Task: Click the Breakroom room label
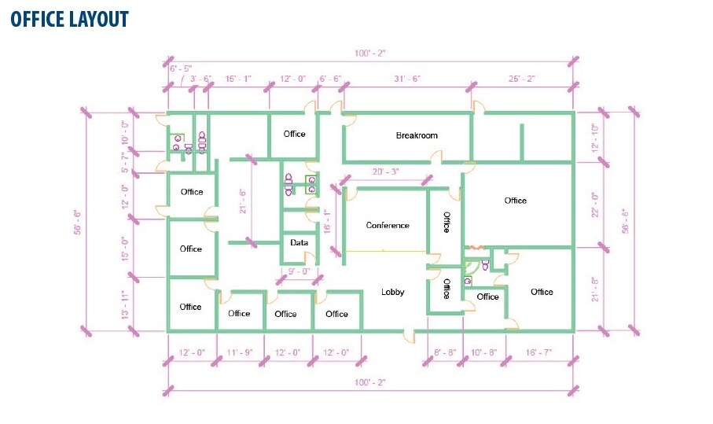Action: [417, 135]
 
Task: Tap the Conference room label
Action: [388, 225]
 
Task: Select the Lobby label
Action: [392, 292]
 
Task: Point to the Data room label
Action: [299, 242]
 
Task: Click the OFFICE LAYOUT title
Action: [70, 19]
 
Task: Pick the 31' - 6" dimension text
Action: [407, 79]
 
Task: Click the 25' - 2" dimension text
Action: [521, 79]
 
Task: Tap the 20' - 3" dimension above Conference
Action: [386, 171]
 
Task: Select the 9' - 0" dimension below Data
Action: [299, 271]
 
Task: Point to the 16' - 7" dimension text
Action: [538, 352]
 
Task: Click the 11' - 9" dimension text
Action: [240, 352]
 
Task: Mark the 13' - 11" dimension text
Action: [126, 304]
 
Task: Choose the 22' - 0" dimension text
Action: [595, 205]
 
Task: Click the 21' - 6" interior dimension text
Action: [242, 201]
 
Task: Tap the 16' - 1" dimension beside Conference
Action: [327, 222]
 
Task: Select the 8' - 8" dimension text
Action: [445, 352]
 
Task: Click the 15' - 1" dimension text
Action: [238, 79]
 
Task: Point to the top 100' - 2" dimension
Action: [370, 53]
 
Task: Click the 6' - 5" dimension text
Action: [181, 68]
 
